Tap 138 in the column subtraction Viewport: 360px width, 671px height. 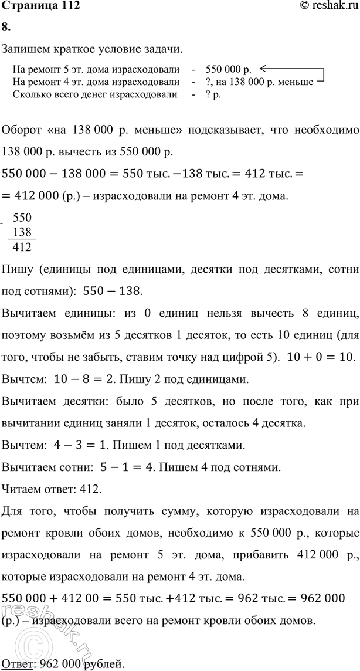(22, 232)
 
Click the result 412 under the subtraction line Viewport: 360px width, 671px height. (22, 246)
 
